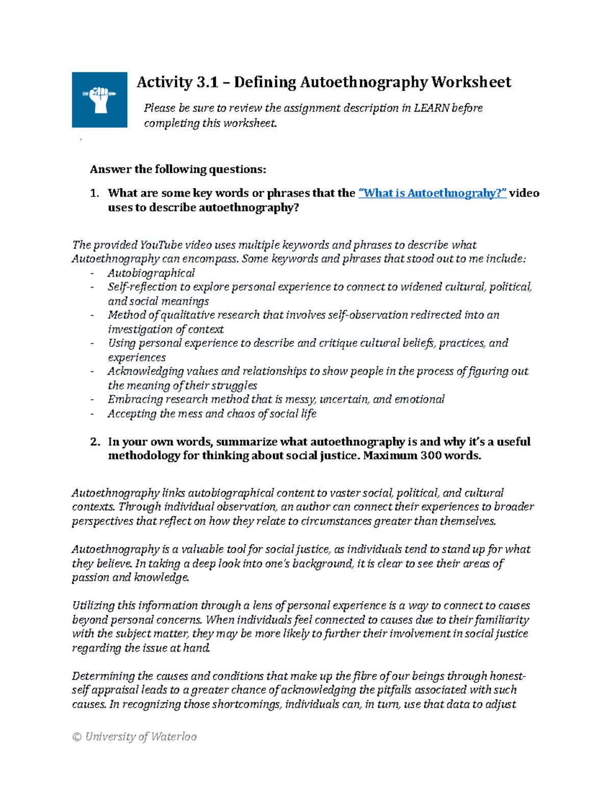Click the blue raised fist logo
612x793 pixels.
point(99,100)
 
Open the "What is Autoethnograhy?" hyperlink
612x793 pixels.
point(432,193)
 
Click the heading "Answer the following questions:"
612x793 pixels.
point(178,169)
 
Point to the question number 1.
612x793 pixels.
point(94,193)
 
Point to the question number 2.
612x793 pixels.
point(94,442)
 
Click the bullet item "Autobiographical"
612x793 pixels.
point(151,273)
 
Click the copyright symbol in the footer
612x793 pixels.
point(77,736)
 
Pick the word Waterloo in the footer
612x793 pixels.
point(174,736)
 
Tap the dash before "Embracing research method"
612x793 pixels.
point(92,399)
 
